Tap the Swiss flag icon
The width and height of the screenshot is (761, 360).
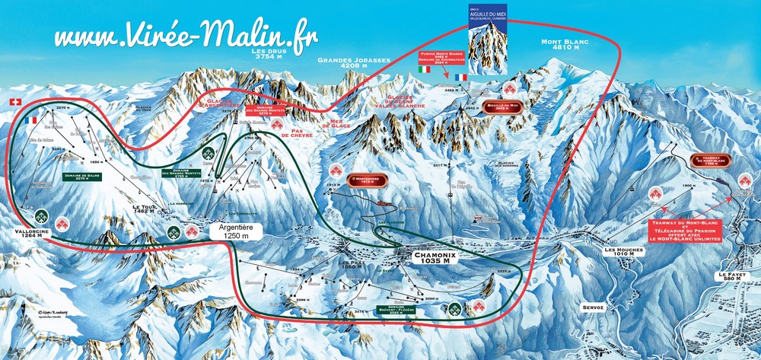(13, 102)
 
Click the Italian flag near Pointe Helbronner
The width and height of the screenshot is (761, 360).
(425, 70)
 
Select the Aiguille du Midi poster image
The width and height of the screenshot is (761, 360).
(487, 39)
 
